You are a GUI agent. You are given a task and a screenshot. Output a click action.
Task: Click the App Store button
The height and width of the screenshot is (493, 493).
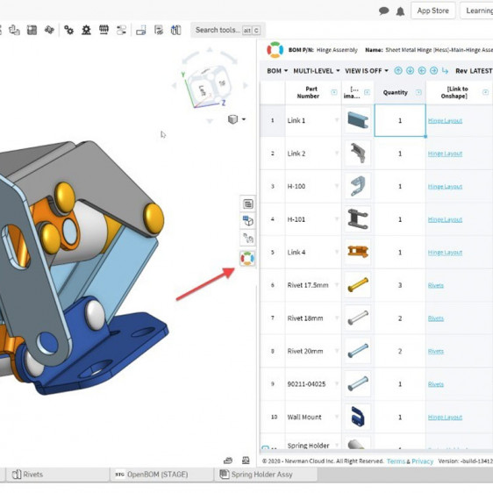(x=432, y=11)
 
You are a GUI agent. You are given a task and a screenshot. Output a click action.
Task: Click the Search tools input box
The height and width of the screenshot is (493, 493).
(x=223, y=30)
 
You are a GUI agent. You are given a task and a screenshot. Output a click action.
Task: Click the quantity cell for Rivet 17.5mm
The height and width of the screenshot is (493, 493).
(x=400, y=285)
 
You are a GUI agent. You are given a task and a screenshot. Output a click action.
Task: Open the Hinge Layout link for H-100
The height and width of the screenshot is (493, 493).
(x=445, y=186)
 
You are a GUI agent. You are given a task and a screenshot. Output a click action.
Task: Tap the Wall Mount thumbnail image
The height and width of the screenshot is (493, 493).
(x=357, y=417)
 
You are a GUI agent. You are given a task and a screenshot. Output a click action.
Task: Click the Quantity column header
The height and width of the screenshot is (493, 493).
(x=396, y=92)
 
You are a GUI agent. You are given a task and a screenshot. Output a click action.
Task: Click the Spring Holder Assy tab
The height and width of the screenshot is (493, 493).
(x=261, y=475)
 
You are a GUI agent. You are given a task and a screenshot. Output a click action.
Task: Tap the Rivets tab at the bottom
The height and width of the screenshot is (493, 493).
(x=32, y=475)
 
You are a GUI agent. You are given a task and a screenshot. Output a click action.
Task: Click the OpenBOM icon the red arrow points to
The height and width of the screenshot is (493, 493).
(x=247, y=258)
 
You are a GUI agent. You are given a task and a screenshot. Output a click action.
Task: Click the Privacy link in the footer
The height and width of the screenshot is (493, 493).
(x=423, y=461)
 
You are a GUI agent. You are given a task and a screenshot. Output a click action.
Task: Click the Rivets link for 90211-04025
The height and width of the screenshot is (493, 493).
(x=436, y=383)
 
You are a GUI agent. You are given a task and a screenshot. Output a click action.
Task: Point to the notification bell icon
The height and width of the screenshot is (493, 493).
(x=400, y=11)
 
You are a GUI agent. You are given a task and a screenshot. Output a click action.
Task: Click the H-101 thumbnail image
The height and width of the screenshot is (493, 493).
(x=357, y=219)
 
